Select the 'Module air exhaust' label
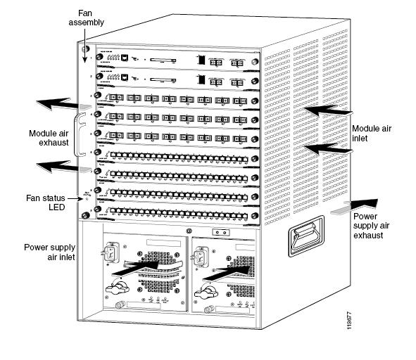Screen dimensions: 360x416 (48, 137)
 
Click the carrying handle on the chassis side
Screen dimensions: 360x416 (304, 243)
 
